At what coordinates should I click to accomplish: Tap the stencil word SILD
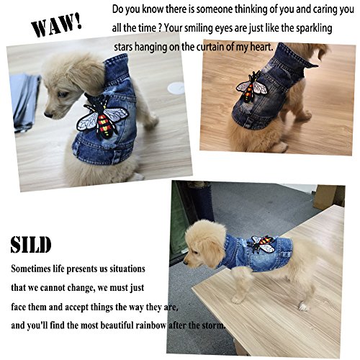coord(31,245)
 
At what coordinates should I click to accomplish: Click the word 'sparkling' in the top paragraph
coord(314,29)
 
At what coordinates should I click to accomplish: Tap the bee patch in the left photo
coord(102,117)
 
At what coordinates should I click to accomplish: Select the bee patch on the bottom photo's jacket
coord(261,245)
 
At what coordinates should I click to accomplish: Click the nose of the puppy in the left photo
coord(48,114)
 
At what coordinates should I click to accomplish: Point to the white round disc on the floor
coord(176,88)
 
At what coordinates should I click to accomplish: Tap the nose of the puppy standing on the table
coord(185,263)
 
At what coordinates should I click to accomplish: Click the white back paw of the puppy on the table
coord(303,307)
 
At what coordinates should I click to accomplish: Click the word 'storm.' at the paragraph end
coord(212,325)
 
